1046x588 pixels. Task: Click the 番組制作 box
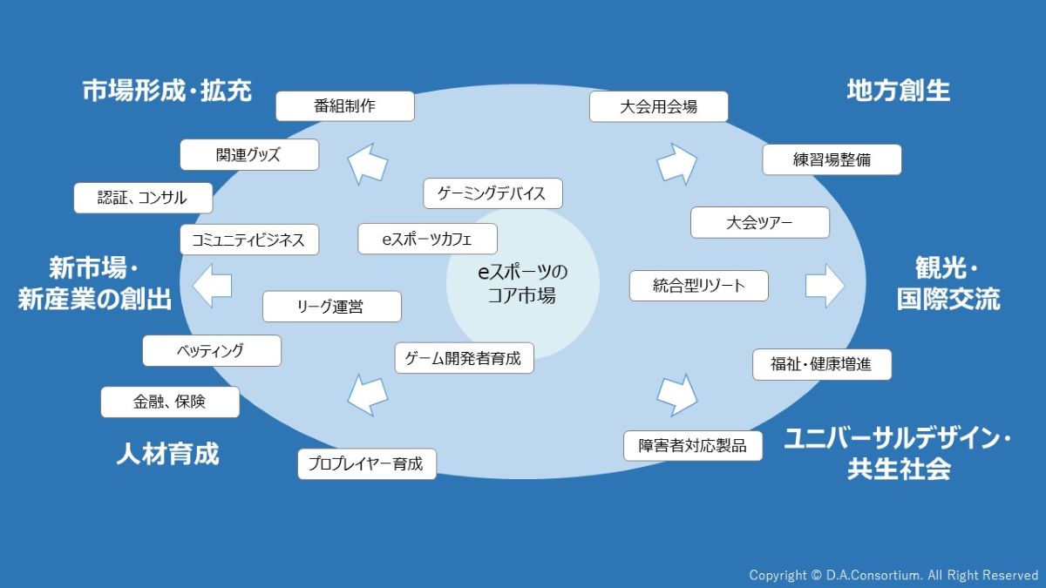coord(344,106)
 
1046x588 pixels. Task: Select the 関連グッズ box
coord(249,155)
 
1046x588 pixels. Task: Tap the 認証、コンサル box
coord(142,198)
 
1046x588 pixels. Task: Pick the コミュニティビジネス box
coord(249,240)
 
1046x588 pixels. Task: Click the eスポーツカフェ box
coord(427,239)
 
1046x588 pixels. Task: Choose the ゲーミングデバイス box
coord(492,193)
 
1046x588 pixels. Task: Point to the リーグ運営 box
coord(331,307)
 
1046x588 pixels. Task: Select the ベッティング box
coord(211,351)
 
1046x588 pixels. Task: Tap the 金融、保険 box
coord(170,402)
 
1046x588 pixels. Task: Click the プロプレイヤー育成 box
coord(366,464)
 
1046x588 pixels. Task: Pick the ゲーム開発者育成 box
coord(464,358)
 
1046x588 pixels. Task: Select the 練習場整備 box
coord(832,160)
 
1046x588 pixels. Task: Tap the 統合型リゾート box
coord(698,286)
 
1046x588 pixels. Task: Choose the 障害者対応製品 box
coord(693,445)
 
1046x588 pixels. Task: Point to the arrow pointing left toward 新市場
coord(212,286)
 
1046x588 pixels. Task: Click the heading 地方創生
coord(898,91)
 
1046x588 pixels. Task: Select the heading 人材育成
coord(167,454)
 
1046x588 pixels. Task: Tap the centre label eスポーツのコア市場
coord(522,283)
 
